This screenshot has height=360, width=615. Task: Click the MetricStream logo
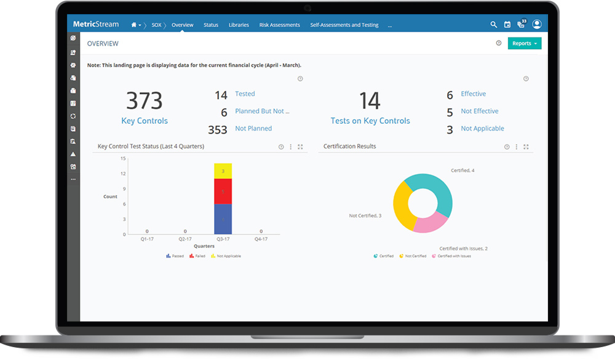[x=95, y=25]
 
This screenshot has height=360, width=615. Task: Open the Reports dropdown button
[x=525, y=44]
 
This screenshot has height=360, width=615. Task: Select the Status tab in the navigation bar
[x=211, y=25]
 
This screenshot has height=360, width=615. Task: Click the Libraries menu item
[x=239, y=25]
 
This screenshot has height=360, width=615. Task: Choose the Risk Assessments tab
[x=280, y=25]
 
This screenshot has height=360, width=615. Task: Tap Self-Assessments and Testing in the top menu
[x=344, y=25]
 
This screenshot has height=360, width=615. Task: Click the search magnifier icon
[x=493, y=25]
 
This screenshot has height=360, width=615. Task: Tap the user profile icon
[x=537, y=25]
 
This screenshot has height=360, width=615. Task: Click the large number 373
[x=145, y=101]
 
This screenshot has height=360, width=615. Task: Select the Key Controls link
[x=145, y=121]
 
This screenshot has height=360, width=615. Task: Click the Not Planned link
[x=253, y=129]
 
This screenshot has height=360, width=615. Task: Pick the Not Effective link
[x=480, y=111]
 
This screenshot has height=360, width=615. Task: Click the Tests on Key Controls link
[x=370, y=121]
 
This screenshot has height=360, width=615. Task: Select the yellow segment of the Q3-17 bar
[x=223, y=171]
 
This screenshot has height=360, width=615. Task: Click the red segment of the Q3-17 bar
[x=223, y=191]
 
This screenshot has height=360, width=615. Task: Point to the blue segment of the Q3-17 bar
[x=223, y=219]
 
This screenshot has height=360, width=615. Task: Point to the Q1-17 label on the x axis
[x=146, y=239]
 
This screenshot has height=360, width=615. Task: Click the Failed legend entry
[x=197, y=256]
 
